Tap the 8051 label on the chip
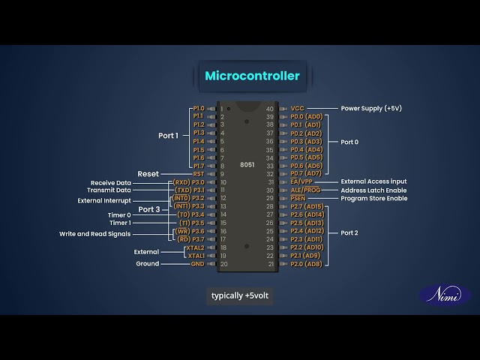point(247,164)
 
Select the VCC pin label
point(298,109)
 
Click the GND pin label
point(197,264)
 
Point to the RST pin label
point(198,174)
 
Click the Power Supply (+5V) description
point(371,109)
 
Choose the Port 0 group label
point(349,142)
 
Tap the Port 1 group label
point(169,136)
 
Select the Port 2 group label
point(349,232)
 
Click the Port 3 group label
point(149,209)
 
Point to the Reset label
point(148,174)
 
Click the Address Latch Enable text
point(373,190)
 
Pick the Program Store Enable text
point(374,199)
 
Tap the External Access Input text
point(373,181)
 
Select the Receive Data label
point(111,182)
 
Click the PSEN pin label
point(298,199)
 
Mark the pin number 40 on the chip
point(270,109)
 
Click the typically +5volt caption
point(239,295)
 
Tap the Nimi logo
point(445,295)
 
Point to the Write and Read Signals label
point(95,234)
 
